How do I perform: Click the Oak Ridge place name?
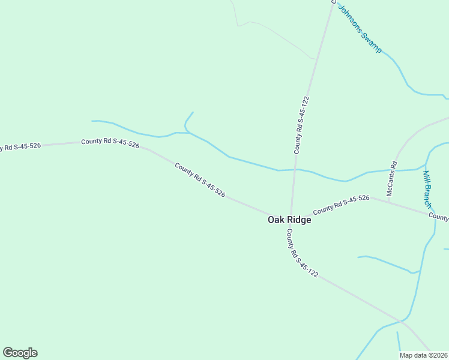click(x=289, y=220)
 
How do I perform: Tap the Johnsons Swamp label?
click(x=360, y=29)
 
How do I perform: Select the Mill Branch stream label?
click(x=427, y=190)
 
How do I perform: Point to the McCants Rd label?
click(x=391, y=178)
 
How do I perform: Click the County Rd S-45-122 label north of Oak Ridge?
click(x=301, y=125)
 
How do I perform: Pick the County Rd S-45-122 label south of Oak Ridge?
click(x=302, y=253)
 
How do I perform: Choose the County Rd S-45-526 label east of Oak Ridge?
click(x=341, y=204)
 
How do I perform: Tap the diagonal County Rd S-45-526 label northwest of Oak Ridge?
click(x=200, y=180)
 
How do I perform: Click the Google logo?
click(x=20, y=353)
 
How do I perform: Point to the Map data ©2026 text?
click(x=424, y=355)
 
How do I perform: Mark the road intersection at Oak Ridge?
click(x=291, y=214)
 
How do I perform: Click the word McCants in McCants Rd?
click(x=390, y=182)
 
